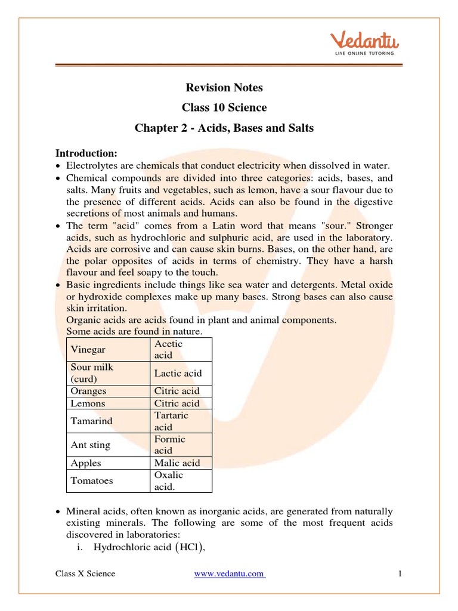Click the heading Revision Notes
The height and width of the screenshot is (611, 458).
pyautogui.click(x=224, y=88)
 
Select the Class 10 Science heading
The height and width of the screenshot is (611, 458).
pyautogui.click(x=224, y=108)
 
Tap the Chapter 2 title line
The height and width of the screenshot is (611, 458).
pyautogui.click(x=224, y=128)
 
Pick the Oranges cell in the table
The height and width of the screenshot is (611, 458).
pyautogui.click(x=89, y=391)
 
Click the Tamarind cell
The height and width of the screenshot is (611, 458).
pyautogui.click(x=91, y=421)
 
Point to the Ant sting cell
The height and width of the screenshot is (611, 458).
pyautogui.click(x=91, y=445)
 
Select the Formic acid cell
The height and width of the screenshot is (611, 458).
pyautogui.click(x=170, y=445)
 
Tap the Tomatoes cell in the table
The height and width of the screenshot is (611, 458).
pyautogui.click(x=92, y=480)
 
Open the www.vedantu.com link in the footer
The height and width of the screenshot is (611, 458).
pyautogui.click(x=230, y=574)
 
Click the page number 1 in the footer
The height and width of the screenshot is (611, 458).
pyautogui.click(x=401, y=574)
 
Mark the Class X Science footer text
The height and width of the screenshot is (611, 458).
pyautogui.click(x=85, y=574)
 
